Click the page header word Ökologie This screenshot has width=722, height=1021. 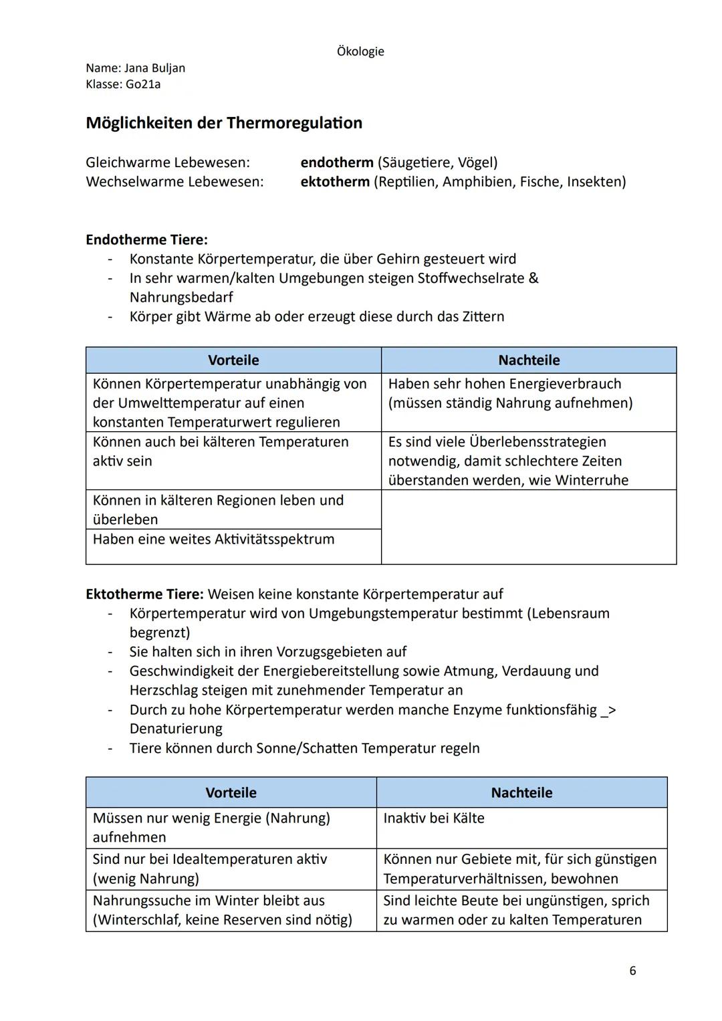point(360,51)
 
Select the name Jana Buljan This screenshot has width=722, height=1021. point(154,68)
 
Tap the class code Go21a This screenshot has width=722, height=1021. point(143,84)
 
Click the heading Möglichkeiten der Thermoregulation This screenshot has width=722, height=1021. point(224,123)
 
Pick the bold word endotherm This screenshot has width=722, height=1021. point(337,162)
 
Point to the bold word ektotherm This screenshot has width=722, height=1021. point(335,181)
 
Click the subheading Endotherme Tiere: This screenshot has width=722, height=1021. point(146,239)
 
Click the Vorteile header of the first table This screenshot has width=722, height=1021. point(233,360)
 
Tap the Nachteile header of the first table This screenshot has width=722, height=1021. point(529,360)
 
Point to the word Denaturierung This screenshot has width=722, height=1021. point(176,729)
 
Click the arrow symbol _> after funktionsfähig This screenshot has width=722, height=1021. point(608,710)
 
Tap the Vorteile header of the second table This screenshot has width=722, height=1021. point(231,793)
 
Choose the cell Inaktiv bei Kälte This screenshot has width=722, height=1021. point(434,818)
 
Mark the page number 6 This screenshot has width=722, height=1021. point(632,971)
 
